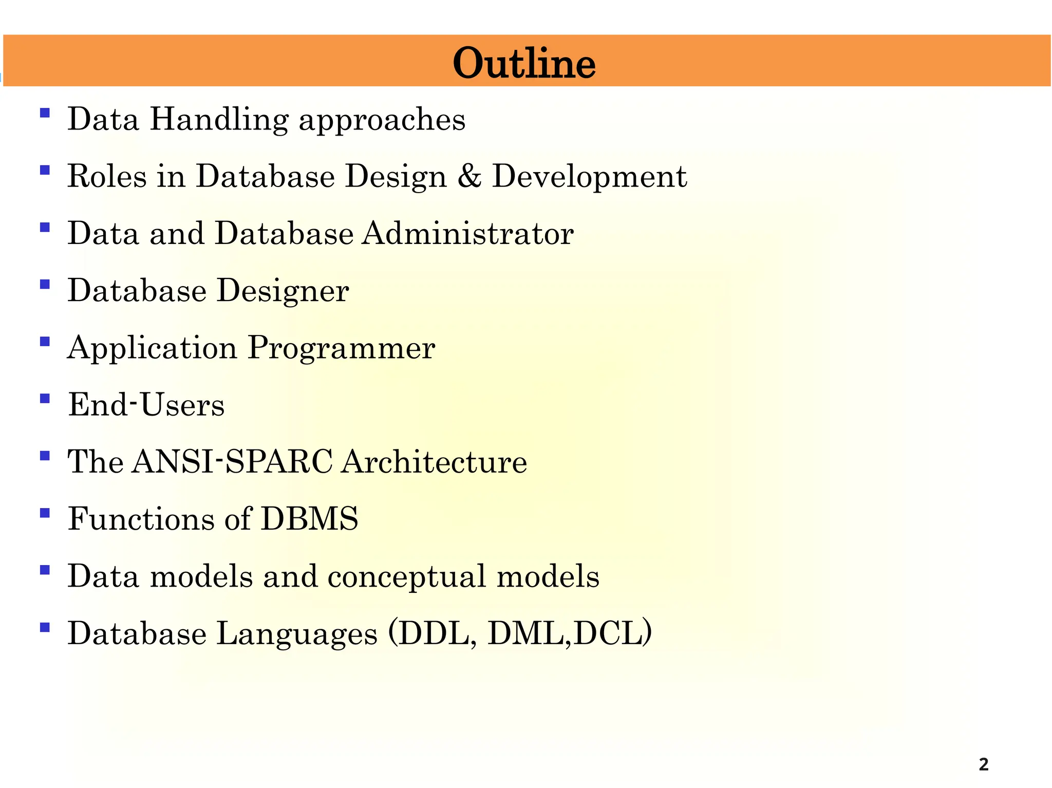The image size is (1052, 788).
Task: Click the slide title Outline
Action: click(524, 63)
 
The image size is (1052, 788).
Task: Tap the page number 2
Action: click(983, 764)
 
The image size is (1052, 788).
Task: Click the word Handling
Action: click(218, 120)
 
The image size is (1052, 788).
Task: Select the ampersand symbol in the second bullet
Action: click(469, 176)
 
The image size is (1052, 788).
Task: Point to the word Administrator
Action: click(467, 234)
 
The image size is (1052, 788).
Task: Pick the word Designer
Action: click(283, 291)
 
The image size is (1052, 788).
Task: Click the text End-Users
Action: click(146, 405)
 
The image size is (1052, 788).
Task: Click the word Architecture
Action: click(434, 461)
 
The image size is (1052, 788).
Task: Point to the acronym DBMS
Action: click(309, 519)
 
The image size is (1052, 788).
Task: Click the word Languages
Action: click(297, 634)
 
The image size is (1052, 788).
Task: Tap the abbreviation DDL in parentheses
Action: click(433, 633)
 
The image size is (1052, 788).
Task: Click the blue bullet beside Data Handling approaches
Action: click(45, 112)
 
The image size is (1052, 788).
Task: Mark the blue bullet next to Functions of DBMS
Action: click(45, 512)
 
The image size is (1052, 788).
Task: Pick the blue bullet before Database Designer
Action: click(45, 284)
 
